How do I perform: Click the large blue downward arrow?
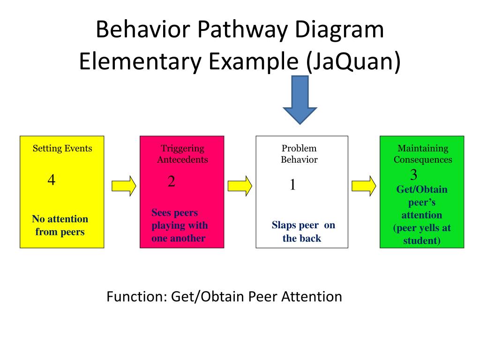coord(300,100)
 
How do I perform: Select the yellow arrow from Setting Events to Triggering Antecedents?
coord(124,186)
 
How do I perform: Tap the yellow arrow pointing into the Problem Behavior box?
coord(240,186)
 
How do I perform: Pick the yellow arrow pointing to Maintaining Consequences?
coord(364,186)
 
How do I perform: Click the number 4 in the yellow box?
coord(52,180)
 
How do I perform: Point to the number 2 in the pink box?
coord(172,181)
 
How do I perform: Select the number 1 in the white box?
coord(292,185)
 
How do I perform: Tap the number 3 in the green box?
coord(413,175)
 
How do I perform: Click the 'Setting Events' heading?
coord(62,148)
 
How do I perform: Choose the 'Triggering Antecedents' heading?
coord(182,154)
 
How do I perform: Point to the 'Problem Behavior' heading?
coord(299,154)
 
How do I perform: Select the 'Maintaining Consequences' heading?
coord(423,154)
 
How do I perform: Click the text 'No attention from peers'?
coord(60,225)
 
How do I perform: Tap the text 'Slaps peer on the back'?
coord(303,232)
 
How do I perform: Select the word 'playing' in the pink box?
coord(168,225)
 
